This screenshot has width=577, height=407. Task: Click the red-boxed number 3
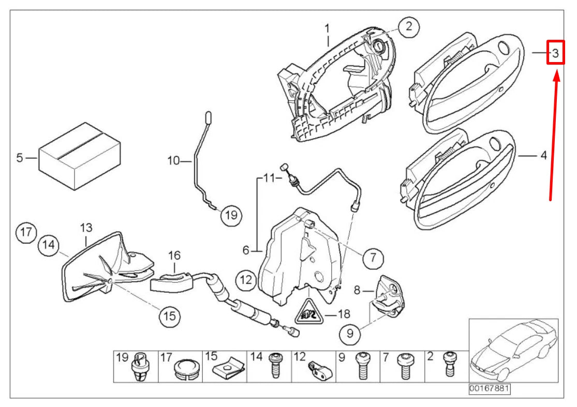554,53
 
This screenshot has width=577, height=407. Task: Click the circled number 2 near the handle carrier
408,26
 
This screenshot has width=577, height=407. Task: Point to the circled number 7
373,257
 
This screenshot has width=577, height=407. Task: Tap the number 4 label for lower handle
543,155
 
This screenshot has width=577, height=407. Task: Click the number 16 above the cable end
175,255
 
